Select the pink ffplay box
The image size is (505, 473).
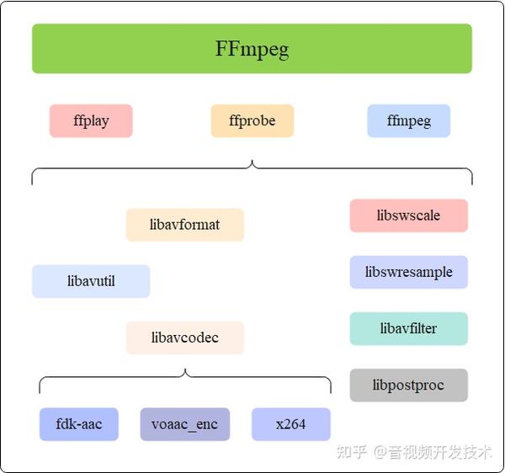tap(91, 120)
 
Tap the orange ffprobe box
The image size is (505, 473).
tap(252, 120)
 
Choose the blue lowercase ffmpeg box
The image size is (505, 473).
tap(408, 120)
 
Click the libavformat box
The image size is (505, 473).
tap(185, 225)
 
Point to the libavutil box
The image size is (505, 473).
tap(91, 281)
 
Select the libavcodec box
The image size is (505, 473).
tap(185, 337)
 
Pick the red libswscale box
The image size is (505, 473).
tap(408, 215)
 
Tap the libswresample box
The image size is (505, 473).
tap(408, 272)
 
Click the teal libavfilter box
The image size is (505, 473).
tap(408, 328)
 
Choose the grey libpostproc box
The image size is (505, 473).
tap(408, 385)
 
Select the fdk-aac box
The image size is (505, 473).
tap(79, 424)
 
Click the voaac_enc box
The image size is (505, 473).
tap(185, 424)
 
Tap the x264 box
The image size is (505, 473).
tap(290, 424)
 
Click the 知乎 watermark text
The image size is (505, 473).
tap(351, 452)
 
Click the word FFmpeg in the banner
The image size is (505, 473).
tap(252, 49)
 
